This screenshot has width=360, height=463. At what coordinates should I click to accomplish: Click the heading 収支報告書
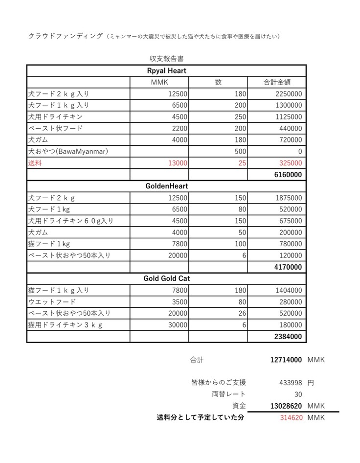pos(167,59)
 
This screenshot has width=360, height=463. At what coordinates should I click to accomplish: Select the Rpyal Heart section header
pos(167,70)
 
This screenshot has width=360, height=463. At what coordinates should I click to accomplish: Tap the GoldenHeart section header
pos(167,186)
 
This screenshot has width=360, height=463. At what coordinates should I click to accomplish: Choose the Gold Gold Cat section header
pos(167,278)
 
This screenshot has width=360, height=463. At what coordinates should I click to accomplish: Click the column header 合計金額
pos(277,82)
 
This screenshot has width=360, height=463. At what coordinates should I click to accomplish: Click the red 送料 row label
pos(36,163)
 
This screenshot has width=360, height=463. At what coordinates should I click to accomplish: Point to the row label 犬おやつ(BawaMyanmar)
pos(68,151)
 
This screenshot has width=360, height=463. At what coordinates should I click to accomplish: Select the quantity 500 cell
pos(239,151)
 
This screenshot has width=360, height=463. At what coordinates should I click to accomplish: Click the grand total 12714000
pos(286,360)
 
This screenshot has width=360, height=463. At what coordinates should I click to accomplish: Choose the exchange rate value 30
pos(297,394)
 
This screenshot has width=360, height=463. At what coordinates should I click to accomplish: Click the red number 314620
pos(291,417)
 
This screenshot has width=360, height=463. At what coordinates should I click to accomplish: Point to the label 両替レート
pos(229,394)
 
